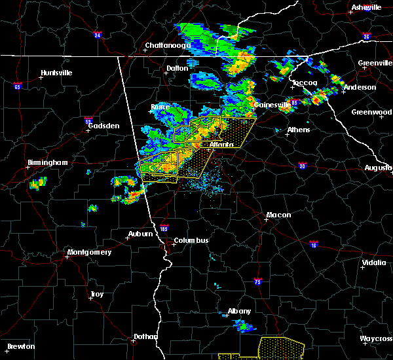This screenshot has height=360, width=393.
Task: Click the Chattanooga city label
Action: tap(168, 46)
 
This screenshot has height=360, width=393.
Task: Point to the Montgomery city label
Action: tap(90, 252)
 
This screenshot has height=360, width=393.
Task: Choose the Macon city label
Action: tap(278, 215)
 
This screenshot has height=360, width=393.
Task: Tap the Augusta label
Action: tap(378, 168)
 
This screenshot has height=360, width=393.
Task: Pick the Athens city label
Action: tap(298, 130)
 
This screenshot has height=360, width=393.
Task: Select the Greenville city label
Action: tap(375, 63)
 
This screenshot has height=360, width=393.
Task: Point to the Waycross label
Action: tap(376, 338)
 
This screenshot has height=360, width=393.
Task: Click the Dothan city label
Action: tap(145, 336)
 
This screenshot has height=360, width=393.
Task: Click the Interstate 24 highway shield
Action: tap(97, 35)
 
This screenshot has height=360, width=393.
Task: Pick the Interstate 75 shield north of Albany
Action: tap(257, 281)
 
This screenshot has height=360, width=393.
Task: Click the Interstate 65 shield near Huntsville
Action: tap(18, 86)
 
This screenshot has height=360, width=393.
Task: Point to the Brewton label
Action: tap(22, 346)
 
